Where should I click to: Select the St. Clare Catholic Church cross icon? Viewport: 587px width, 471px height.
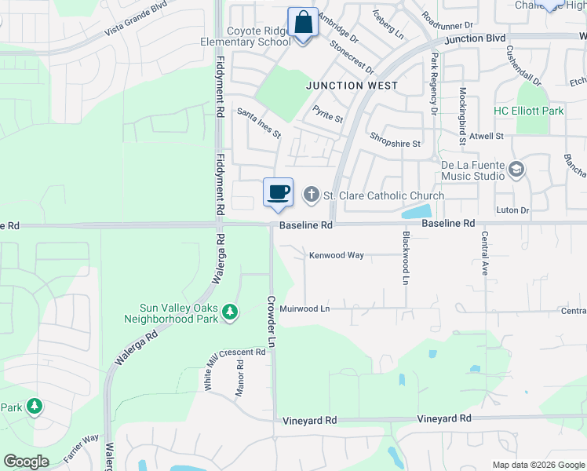click(x=312, y=195)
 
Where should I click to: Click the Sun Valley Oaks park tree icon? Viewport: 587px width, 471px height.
click(x=230, y=312)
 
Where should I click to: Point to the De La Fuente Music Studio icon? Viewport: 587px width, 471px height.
click(x=516, y=169)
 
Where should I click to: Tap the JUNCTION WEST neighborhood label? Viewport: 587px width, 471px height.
click(x=352, y=86)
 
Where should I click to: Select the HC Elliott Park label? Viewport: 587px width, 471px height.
click(x=528, y=111)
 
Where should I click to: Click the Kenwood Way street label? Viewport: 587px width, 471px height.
click(x=337, y=255)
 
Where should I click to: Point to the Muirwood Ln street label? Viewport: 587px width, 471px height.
click(x=304, y=309)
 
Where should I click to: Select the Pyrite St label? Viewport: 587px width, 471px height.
click(x=328, y=115)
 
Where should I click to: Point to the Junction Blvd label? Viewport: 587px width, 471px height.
click(x=475, y=38)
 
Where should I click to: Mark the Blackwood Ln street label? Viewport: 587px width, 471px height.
click(x=406, y=257)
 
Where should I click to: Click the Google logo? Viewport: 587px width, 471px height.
click(x=25, y=461)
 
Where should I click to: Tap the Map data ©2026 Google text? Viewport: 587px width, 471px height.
click(x=538, y=465)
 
